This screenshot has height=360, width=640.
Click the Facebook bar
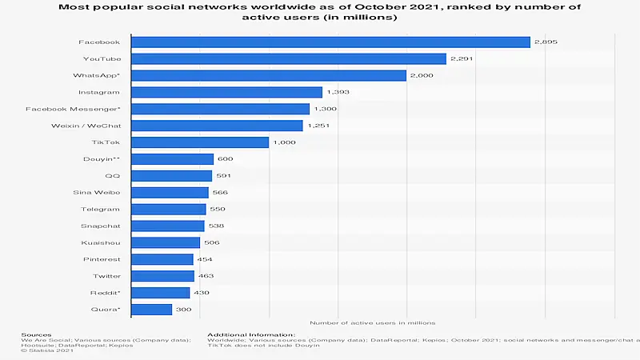(330, 42)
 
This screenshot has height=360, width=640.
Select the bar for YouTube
(288, 58)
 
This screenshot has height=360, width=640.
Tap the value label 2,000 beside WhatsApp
(421, 75)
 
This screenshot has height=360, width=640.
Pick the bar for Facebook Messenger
(220, 109)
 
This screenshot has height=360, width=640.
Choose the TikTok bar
(200, 142)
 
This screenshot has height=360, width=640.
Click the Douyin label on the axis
(102, 159)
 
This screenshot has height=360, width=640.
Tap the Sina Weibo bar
(170, 192)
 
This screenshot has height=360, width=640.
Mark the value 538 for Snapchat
(216, 226)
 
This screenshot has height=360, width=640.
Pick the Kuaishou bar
(166, 242)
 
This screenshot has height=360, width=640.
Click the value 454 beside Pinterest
(206, 259)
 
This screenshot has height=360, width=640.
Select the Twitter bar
(161, 276)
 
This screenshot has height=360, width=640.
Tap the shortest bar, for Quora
(151, 310)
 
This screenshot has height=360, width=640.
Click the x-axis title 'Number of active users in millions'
(372, 323)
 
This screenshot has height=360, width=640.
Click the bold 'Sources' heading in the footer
(37, 334)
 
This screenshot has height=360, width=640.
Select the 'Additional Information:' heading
(251, 334)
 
